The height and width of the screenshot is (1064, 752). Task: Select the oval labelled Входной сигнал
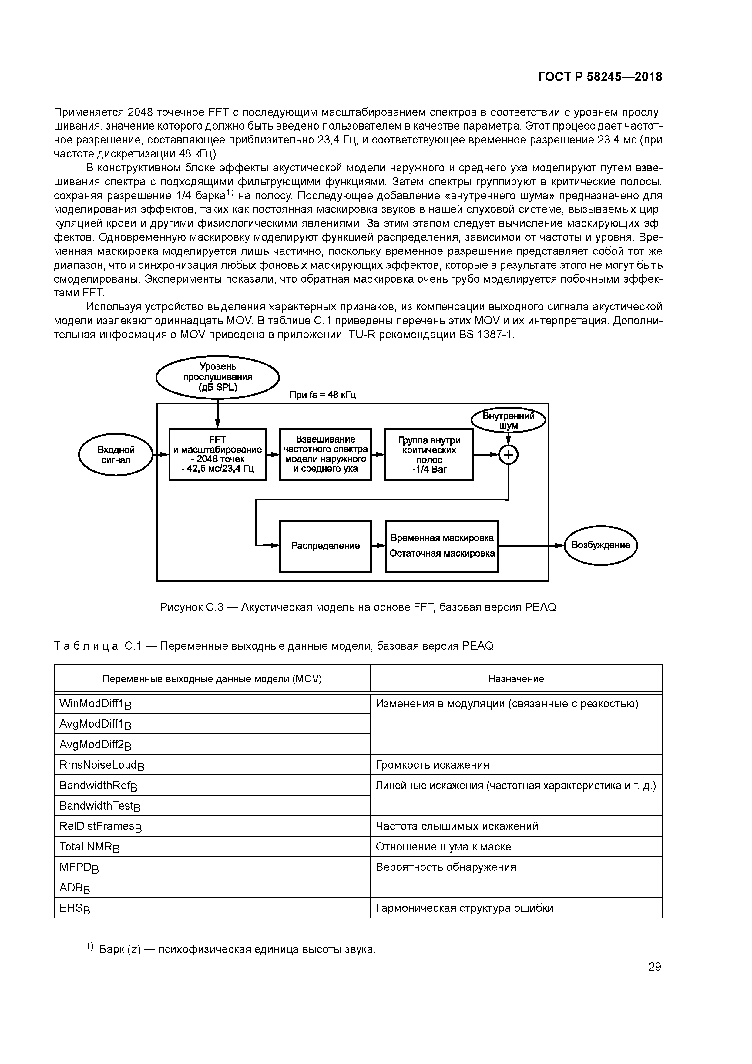tap(116, 455)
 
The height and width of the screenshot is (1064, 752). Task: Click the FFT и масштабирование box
tap(217, 454)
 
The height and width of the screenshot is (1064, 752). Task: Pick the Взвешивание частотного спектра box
tap(325, 454)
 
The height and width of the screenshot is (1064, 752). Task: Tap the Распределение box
tap(325, 546)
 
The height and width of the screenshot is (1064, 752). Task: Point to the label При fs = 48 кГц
tap(323, 395)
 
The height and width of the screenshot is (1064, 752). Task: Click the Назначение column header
tap(516, 679)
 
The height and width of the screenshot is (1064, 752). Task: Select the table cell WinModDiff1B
tap(212, 704)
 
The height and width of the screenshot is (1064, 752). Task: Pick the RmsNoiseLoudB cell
tap(212, 765)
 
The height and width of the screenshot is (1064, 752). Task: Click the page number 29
tap(654, 967)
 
